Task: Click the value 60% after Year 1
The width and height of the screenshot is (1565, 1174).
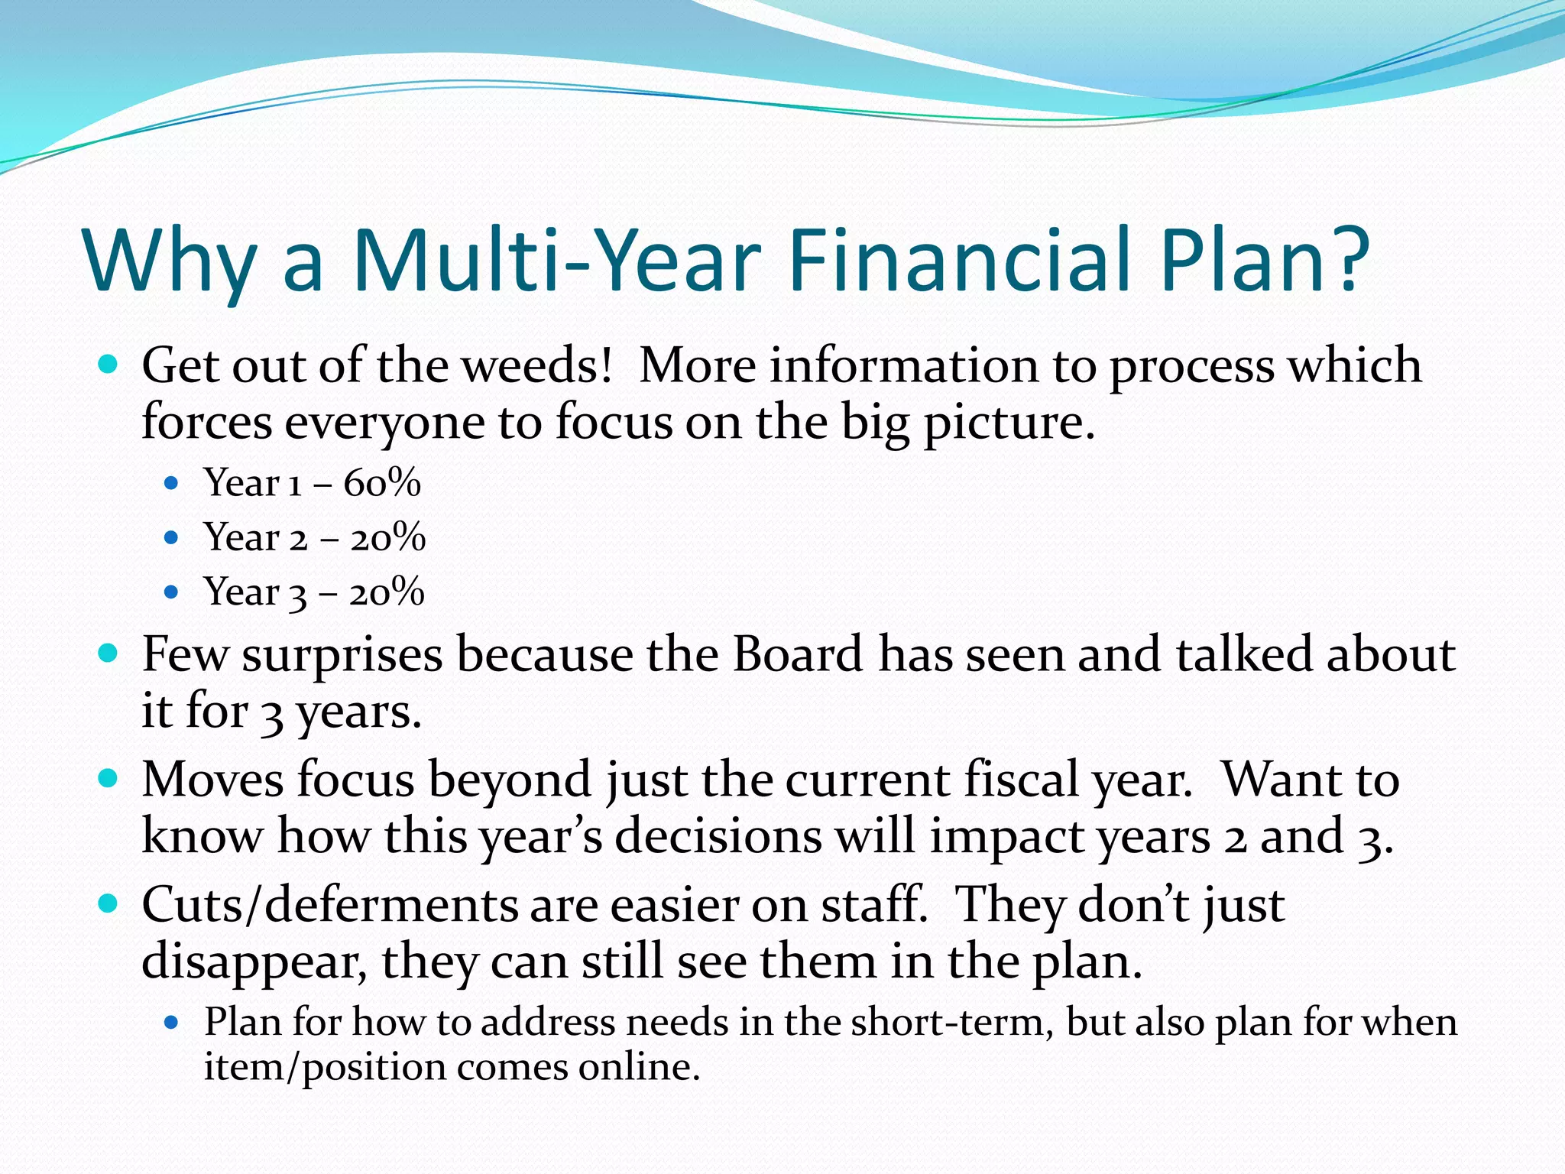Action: click(x=382, y=483)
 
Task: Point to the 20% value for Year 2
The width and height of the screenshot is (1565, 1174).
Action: click(x=387, y=537)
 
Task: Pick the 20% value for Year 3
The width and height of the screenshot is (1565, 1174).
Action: click(x=387, y=592)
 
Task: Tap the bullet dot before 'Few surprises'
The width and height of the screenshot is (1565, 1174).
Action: click(x=109, y=653)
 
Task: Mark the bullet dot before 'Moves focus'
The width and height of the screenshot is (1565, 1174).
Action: click(x=109, y=779)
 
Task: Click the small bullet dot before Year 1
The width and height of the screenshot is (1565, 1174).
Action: click(x=171, y=483)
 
